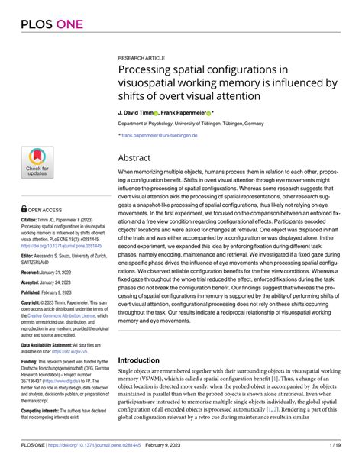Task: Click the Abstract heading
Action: (140, 157)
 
